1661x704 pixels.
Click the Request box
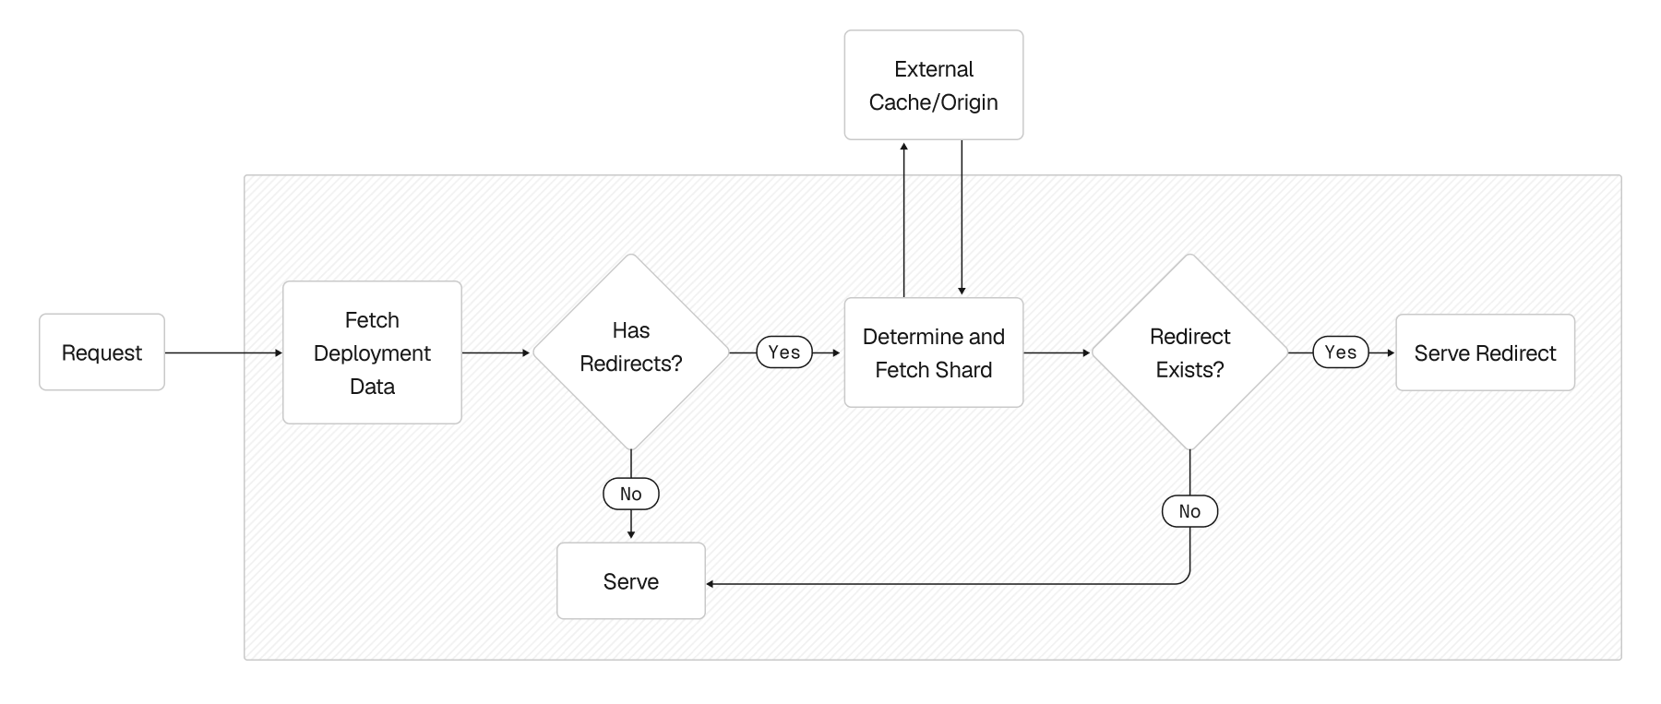(102, 352)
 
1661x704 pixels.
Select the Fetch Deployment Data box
(372, 352)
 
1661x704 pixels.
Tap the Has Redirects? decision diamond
(631, 352)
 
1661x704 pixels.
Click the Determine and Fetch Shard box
(933, 352)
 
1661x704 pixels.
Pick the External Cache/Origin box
(933, 85)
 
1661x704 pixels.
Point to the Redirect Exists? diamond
(1189, 352)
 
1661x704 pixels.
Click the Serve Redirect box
(1484, 352)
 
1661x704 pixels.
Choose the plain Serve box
(631, 581)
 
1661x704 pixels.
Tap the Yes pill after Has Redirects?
(784, 352)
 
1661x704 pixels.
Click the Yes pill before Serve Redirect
(1340, 352)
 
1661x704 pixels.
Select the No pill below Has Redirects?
(631, 494)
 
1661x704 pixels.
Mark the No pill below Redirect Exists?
(1189, 511)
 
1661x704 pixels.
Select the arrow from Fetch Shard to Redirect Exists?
(1057, 352)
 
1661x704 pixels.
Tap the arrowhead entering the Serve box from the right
(711, 583)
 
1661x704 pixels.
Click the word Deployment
(372, 353)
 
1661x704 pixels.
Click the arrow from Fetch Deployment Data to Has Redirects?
(496, 352)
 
